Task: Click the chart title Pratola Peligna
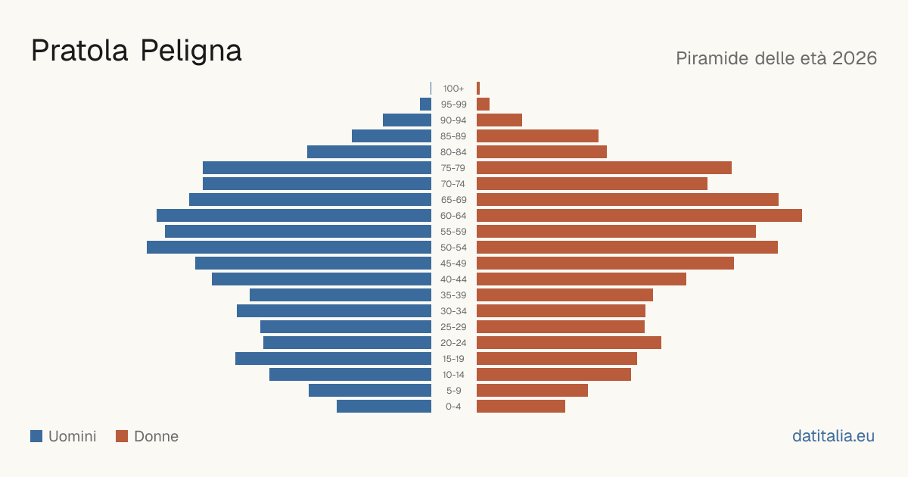[136, 51]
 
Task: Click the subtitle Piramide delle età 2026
[776, 58]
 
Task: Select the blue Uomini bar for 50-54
[289, 248]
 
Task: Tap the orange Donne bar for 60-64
[639, 215]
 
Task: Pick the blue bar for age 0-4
[384, 407]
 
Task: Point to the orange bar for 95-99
[484, 104]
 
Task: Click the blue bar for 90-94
[407, 120]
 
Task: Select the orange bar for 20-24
[569, 343]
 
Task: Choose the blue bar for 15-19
[333, 359]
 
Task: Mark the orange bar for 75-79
[604, 168]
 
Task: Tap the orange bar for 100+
[478, 89]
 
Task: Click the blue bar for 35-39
[340, 295]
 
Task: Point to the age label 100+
[453, 89]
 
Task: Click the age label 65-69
[453, 200]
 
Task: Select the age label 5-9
[453, 391]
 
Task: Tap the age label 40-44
[453, 279]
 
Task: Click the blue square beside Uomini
[36, 436]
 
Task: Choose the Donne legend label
[156, 436]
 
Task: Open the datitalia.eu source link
[833, 436]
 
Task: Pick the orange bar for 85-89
[537, 136]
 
